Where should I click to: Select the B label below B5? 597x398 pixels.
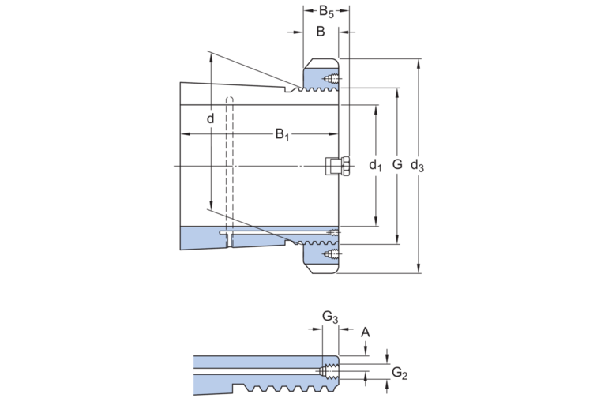point(321,32)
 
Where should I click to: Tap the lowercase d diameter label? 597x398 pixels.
point(210,119)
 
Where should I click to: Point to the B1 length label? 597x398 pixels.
point(282,135)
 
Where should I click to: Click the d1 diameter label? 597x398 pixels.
point(375,165)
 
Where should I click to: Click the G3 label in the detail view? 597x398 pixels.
point(330,317)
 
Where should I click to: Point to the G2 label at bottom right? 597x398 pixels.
point(400,372)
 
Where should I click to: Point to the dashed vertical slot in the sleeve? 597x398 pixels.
point(230,166)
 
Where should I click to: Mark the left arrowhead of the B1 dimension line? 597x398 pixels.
point(185,135)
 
